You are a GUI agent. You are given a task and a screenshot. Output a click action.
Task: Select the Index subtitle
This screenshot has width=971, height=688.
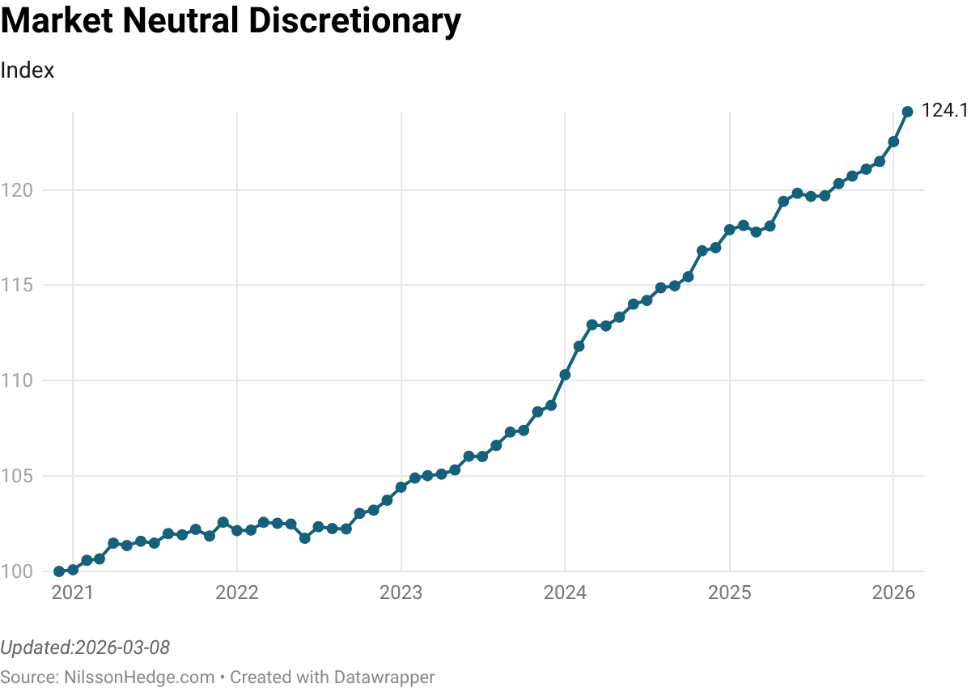pyautogui.click(x=28, y=70)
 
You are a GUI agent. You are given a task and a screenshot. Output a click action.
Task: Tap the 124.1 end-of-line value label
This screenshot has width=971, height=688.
pyautogui.click(x=944, y=112)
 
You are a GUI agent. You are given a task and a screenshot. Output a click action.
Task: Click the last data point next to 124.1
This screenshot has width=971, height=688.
pyautogui.click(x=908, y=112)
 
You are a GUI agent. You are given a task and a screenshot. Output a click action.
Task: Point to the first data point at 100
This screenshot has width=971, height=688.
pyautogui.click(x=59, y=571)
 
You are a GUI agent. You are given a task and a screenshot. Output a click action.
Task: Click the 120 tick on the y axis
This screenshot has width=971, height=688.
pyautogui.click(x=17, y=191)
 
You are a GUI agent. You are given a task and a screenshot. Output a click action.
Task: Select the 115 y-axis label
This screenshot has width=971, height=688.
pyautogui.click(x=17, y=286)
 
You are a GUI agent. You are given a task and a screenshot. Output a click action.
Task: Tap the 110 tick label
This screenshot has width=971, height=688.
pyautogui.click(x=17, y=381)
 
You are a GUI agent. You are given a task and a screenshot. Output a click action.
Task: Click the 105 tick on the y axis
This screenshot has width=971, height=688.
pyautogui.click(x=17, y=476)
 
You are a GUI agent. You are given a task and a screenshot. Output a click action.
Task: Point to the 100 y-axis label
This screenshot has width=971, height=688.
pyautogui.click(x=17, y=571)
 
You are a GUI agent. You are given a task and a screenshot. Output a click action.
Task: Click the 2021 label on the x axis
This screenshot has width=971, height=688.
pyautogui.click(x=73, y=593)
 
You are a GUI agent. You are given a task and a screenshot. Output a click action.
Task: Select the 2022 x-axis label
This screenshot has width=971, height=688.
pyautogui.click(x=236, y=593)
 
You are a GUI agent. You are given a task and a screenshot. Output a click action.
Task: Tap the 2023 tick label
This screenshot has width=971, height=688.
pyautogui.click(x=401, y=593)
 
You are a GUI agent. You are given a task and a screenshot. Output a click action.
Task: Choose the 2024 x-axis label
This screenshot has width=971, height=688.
pyautogui.click(x=565, y=593)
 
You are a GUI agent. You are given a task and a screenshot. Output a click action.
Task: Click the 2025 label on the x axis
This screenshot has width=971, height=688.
pyautogui.click(x=729, y=593)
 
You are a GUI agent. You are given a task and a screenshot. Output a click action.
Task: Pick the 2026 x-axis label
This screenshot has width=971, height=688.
pyautogui.click(x=893, y=593)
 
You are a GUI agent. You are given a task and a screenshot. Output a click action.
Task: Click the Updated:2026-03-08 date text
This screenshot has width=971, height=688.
pyautogui.click(x=85, y=648)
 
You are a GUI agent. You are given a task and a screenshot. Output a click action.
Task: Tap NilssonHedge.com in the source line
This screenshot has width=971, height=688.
pyautogui.click(x=139, y=677)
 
